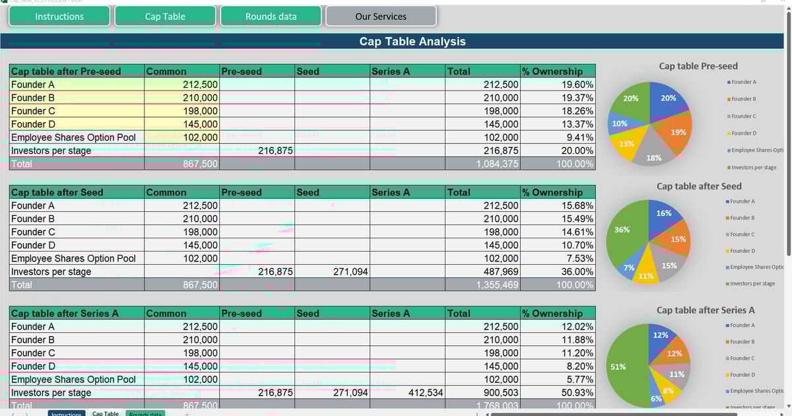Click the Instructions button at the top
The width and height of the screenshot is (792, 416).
[x=59, y=17]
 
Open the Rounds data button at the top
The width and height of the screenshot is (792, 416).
[x=271, y=17]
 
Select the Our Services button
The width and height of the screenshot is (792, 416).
[x=381, y=17]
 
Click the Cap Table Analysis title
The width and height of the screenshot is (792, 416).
[x=412, y=42]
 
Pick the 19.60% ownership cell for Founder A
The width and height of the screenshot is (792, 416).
[x=558, y=85]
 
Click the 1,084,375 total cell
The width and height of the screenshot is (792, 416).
[x=483, y=164]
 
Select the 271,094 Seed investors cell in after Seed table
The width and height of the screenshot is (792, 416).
[x=332, y=271]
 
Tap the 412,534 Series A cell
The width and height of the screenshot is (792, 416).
[x=407, y=393]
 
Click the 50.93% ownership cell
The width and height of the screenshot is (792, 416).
[x=558, y=393]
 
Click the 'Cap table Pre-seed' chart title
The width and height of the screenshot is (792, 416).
[x=698, y=66]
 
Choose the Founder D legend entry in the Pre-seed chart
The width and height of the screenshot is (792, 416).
[x=743, y=133]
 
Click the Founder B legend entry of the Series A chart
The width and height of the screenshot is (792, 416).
[x=743, y=342]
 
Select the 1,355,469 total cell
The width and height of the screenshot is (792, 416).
[x=483, y=285]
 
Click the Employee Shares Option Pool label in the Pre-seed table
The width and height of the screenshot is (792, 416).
[x=73, y=137]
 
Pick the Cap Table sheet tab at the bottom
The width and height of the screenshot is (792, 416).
[x=106, y=413]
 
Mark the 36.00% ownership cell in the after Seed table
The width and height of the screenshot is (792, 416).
[x=558, y=271]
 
